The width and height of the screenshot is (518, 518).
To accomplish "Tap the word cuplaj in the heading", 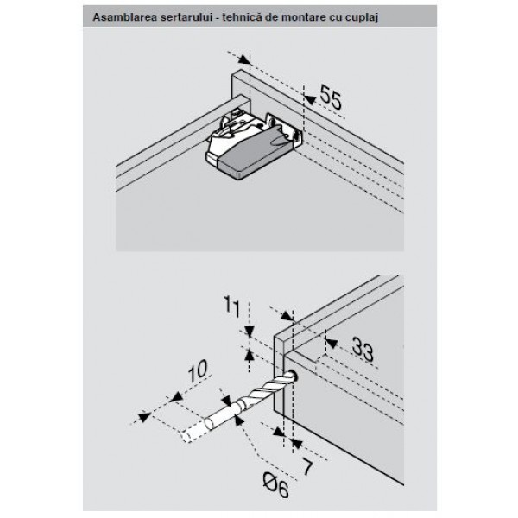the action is click(362, 17).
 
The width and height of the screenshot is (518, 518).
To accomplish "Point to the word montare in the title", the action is click(303, 17).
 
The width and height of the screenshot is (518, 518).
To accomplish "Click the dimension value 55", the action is click(331, 98).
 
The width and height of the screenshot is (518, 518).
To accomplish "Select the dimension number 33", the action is click(363, 349).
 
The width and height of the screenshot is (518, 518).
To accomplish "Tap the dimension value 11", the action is click(232, 306).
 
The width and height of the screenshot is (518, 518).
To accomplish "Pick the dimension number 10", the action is click(198, 370).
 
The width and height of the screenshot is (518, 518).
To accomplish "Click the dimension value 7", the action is click(307, 467).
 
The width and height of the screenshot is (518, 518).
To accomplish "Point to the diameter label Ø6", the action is click(276, 485).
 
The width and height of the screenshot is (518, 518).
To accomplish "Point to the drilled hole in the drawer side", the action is click(293, 376).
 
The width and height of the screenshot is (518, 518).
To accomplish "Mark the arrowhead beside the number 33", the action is click(332, 344).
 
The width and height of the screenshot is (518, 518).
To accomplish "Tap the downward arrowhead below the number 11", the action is click(250, 332).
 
